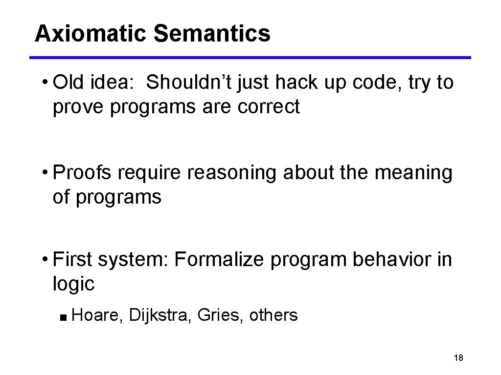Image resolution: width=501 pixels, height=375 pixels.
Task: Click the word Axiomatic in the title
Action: point(91,34)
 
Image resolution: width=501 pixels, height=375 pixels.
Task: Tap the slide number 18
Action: point(458,358)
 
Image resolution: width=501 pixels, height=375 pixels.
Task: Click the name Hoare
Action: point(97,315)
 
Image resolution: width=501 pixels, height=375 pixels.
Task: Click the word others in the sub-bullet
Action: point(273,315)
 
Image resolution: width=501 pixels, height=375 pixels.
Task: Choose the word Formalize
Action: point(219,260)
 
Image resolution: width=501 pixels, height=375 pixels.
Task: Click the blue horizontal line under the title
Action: point(250,58)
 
